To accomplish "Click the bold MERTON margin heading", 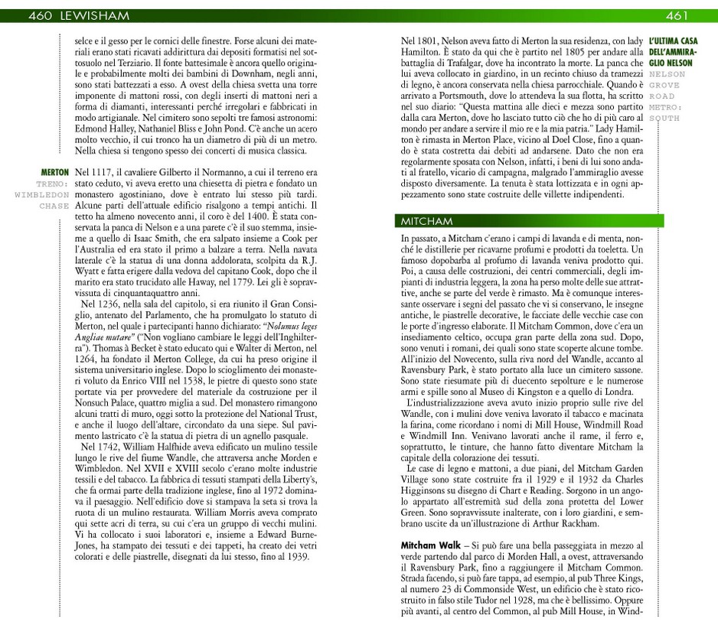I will tap(54, 173).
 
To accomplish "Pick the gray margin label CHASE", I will tap(54, 206).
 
